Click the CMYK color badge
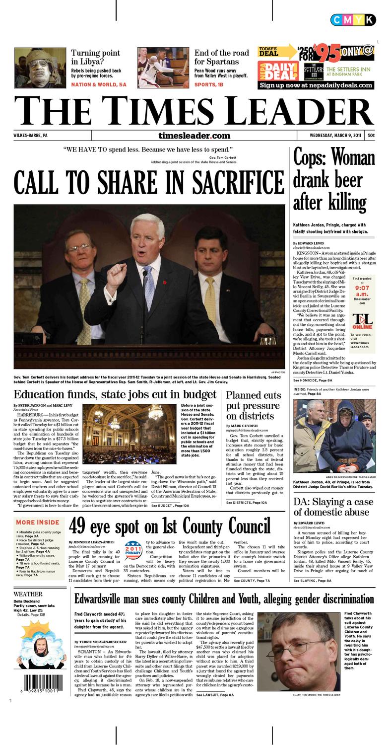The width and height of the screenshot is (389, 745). (353, 20)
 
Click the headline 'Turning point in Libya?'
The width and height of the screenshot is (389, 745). (95, 57)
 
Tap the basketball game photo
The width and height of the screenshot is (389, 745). (162, 68)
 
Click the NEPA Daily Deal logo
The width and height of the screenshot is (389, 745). (277, 72)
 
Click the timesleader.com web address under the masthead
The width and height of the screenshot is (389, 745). (194, 136)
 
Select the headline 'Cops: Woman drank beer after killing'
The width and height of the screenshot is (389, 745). (333, 180)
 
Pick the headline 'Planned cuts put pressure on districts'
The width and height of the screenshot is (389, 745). (253, 405)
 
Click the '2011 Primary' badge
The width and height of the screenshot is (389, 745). (133, 550)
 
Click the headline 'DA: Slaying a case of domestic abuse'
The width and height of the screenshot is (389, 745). (333, 507)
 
